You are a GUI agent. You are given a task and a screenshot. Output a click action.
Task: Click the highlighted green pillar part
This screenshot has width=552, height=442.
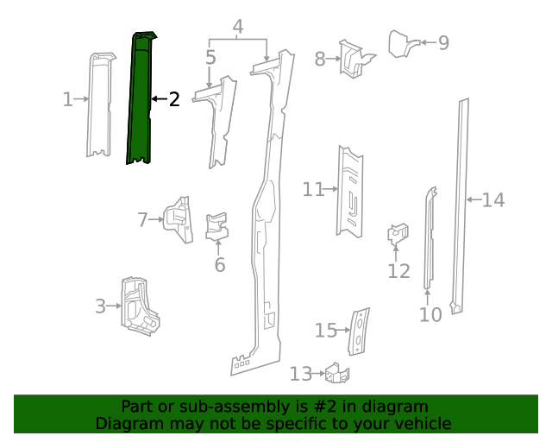(139, 99)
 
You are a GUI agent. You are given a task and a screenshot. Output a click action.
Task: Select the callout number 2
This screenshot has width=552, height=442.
(173, 99)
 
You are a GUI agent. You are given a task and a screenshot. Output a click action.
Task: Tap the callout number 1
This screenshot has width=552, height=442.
(68, 99)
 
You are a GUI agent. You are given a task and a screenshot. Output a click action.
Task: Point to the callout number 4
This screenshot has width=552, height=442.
(238, 26)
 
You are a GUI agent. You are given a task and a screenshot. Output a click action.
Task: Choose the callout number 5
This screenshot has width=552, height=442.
(210, 58)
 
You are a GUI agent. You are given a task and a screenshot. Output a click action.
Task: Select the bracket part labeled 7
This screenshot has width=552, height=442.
(179, 220)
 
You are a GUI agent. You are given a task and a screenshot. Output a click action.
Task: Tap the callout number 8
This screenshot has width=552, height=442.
(320, 59)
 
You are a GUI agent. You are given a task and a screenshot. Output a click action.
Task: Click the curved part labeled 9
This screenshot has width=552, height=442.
(402, 42)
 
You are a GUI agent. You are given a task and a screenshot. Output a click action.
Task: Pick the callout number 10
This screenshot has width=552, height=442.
(430, 314)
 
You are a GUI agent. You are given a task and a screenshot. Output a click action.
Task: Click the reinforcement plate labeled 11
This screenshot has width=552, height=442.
(350, 190)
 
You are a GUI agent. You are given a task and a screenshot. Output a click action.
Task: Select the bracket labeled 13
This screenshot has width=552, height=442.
(337, 373)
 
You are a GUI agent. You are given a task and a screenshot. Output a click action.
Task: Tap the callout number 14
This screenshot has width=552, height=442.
(492, 200)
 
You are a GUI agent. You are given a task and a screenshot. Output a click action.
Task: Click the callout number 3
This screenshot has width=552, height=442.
(100, 306)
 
